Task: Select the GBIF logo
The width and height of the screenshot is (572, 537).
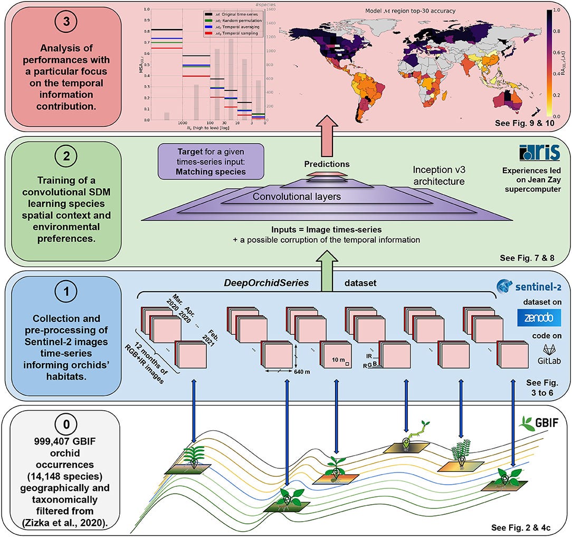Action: point(537,423)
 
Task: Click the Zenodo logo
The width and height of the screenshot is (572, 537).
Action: point(536,318)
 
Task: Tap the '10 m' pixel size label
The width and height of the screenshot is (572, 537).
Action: point(336,359)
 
